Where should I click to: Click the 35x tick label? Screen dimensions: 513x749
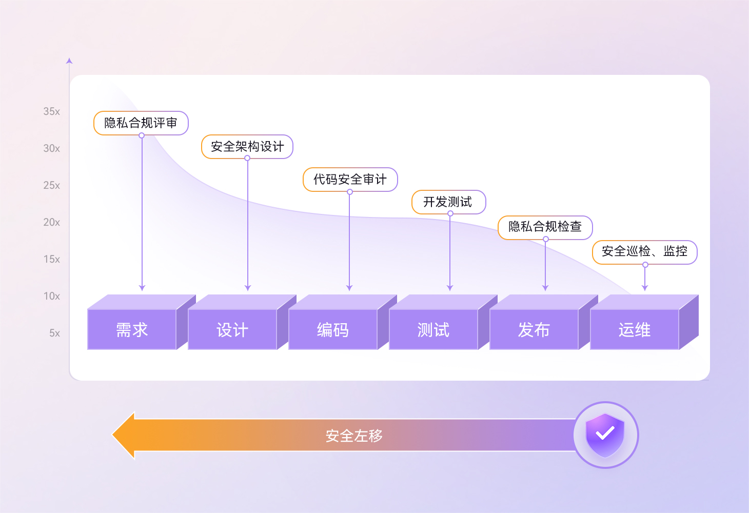[x=51, y=111]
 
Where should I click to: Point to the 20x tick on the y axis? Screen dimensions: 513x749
[x=51, y=222]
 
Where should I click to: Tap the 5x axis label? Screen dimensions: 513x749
[x=54, y=333]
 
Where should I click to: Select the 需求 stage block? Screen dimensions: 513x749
[x=132, y=329]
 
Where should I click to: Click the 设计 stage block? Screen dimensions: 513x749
[x=232, y=329]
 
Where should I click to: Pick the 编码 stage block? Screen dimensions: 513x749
[x=333, y=329]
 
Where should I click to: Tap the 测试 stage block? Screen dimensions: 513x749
[x=433, y=329]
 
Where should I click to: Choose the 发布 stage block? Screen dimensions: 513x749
[x=534, y=329]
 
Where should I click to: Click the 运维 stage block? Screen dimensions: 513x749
[x=635, y=329]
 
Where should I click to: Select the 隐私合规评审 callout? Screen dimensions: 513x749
[x=141, y=123]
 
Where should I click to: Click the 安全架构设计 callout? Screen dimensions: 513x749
[x=247, y=147]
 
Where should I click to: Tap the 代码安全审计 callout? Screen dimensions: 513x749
[x=350, y=180]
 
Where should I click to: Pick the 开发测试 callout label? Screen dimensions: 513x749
[x=448, y=202]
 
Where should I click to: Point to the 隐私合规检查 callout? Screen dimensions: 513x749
[x=545, y=227]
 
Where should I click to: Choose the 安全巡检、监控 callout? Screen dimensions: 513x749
[x=645, y=251]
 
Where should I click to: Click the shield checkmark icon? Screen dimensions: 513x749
[x=605, y=435]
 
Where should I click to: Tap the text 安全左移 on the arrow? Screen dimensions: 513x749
[x=354, y=436]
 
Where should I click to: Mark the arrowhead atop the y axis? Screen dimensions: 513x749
[x=69, y=61]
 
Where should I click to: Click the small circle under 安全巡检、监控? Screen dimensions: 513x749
[x=645, y=265]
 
